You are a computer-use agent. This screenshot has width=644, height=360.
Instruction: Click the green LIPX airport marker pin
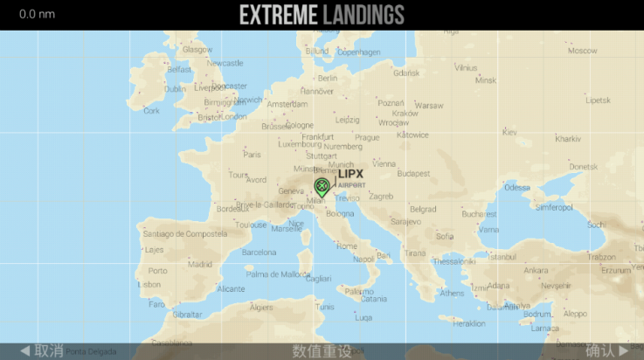point(322,185)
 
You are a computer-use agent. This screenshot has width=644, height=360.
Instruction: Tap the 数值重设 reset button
point(322,350)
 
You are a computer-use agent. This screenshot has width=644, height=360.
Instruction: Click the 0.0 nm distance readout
point(37,14)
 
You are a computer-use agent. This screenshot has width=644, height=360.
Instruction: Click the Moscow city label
point(582,51)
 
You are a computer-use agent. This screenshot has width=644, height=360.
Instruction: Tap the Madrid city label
point(200,263)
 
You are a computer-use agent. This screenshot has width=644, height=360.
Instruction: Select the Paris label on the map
point(252,155)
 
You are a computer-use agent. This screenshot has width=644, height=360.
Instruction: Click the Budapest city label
point(413,173)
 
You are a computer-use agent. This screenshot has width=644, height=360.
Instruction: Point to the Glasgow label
point(197,50)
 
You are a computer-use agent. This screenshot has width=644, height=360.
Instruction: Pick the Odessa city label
point(517,187)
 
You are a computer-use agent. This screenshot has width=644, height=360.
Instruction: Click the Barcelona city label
point(259,252)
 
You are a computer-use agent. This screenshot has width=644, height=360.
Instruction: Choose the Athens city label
point(452,293)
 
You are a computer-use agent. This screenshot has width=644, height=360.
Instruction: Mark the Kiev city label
point(509,132)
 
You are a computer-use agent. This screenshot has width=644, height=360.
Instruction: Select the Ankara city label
point(536,270)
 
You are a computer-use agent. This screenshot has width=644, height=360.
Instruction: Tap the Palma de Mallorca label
point(276,274)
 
